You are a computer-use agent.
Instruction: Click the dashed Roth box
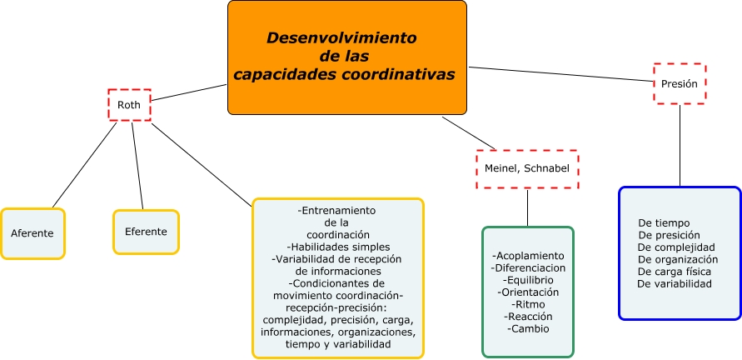tap(129, 105)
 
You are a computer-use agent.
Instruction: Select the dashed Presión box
tap(680, 84)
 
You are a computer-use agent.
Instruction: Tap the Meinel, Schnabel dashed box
tap(527, 169)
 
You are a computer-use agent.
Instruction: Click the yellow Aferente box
tap(32, 233)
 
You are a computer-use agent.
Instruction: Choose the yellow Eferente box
tap(146, 232)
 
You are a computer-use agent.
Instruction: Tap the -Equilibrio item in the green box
tap(528, 280)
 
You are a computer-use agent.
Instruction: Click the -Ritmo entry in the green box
tap(528, 304)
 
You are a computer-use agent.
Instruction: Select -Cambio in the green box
tap(528, 328)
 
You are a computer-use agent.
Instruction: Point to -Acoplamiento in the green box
tap(528, 255)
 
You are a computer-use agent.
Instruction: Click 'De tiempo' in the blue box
tap(663, 222)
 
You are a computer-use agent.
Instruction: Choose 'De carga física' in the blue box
tap(674, 272)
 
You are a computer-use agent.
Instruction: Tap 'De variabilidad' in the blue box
tap(675, 283)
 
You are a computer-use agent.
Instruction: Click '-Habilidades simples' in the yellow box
tap(337, 247)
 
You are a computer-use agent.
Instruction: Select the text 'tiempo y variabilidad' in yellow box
tap(337, 343)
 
